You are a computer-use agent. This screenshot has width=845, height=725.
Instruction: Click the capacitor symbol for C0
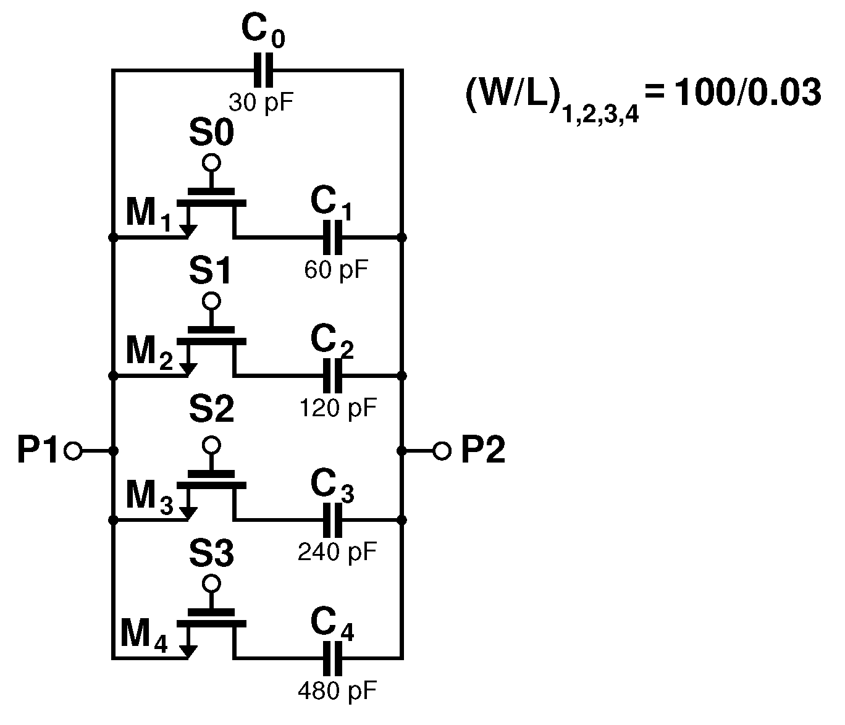coord(263,70)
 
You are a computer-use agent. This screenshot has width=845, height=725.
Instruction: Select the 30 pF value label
coord(261,102)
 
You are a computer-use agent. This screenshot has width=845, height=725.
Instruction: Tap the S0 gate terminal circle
coord(211,163)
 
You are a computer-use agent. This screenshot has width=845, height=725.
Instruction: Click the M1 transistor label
coord(148,215)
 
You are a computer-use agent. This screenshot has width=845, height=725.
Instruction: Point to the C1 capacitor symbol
coord(332,237)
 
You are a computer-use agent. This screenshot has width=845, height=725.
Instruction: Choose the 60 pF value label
coord(337,269)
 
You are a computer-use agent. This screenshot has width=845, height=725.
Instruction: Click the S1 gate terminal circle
coord(211,301)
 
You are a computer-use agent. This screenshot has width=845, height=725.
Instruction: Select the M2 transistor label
coord(149,353)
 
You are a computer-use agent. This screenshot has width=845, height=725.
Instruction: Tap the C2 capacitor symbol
coord(332,375)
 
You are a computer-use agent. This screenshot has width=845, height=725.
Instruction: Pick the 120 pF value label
coord(337,408)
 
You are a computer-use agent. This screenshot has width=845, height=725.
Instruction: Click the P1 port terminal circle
coord(73,451)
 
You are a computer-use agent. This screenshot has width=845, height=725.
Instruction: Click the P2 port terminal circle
coord(442,451)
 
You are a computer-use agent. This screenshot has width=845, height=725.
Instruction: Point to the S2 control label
coord(211,410)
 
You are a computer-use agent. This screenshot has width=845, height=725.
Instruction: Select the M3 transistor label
coord(149,497)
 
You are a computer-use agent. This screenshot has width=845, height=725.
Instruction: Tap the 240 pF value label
coord(337,551)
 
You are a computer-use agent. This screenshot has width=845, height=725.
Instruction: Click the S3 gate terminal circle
coord(211,583)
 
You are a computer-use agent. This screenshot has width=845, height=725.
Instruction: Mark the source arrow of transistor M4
coord(188,650)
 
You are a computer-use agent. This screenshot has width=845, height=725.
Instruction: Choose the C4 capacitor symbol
coord(332,658)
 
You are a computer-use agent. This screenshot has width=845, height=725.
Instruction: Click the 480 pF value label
coord(337,690)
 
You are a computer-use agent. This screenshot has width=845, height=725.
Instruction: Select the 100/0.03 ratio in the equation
coord(747,94)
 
